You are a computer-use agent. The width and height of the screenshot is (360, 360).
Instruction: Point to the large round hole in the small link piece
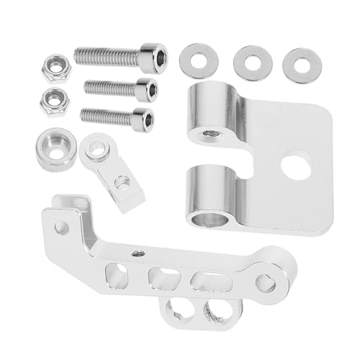(96, 149)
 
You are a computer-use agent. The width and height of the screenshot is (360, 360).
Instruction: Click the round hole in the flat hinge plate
(295, 165)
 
